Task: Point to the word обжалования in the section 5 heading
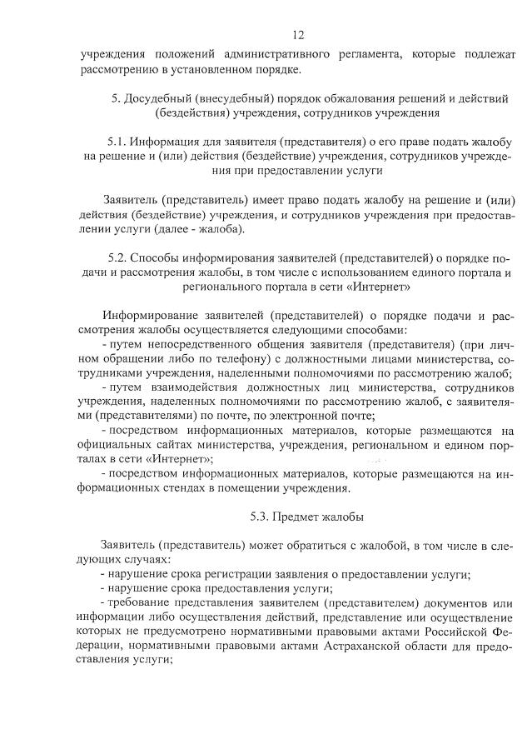(x=331, y=98)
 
